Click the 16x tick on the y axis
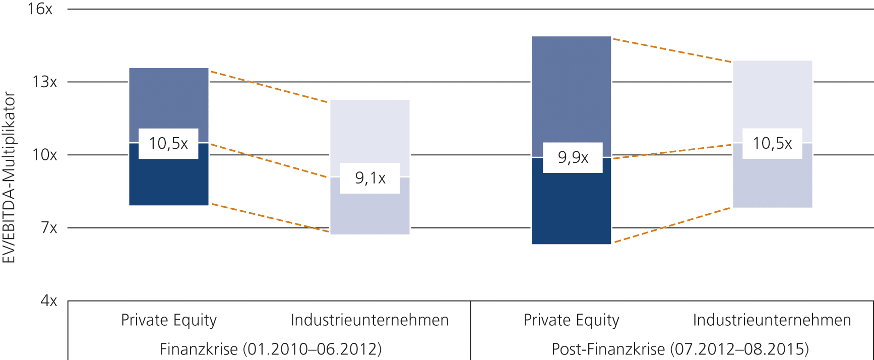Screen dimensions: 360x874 click(40, 9)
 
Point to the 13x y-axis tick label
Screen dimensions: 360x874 click(45, 82)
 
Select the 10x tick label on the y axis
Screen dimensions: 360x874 click(45, 155)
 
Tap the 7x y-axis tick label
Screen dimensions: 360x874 click(49, 228)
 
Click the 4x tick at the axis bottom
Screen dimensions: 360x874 click(49, 301)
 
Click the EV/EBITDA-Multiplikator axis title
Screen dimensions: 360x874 click(9, 177)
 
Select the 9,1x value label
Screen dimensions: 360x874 click(370, 178)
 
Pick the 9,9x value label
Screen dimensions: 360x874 click(573, 158)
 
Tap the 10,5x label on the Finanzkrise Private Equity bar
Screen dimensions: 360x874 click(168, 144)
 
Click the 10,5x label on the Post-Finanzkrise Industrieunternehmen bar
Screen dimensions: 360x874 click(772, 144)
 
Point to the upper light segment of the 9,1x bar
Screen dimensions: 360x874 click(370, 131)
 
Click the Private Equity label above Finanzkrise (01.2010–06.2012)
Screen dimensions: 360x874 click(169, 320)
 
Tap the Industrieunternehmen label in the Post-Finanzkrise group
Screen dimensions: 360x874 click(772, 320)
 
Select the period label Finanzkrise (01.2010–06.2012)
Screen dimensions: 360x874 click(271, 349)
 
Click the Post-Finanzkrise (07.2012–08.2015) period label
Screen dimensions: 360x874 click(680, 349)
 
